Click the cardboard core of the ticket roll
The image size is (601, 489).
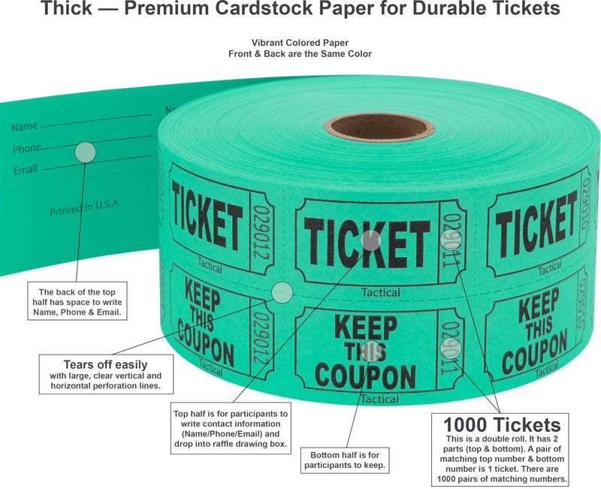pos(379,127)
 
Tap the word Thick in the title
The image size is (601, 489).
pos(66,8)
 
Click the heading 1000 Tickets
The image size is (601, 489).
pos(502,424)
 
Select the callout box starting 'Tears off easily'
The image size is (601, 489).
pos(106,374)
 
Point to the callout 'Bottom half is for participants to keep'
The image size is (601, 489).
pos(345,460)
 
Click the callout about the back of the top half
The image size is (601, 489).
pos(77,301)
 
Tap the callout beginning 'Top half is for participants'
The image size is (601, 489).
pos(231,428)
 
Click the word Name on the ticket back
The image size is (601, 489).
pos(25,126)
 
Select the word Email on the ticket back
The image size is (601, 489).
pos(26,170)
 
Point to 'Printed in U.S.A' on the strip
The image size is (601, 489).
pos(84,207)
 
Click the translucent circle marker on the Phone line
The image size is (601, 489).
pos(85,152)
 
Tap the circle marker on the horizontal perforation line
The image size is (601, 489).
pos(282,293)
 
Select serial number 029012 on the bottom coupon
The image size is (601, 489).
pos(263,338)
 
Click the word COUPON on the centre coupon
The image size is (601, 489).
pos(365,377)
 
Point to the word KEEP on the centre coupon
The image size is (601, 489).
pos(366,328)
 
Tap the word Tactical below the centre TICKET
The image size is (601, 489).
pos(381,293)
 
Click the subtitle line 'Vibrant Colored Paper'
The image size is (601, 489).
pos(300,43)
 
